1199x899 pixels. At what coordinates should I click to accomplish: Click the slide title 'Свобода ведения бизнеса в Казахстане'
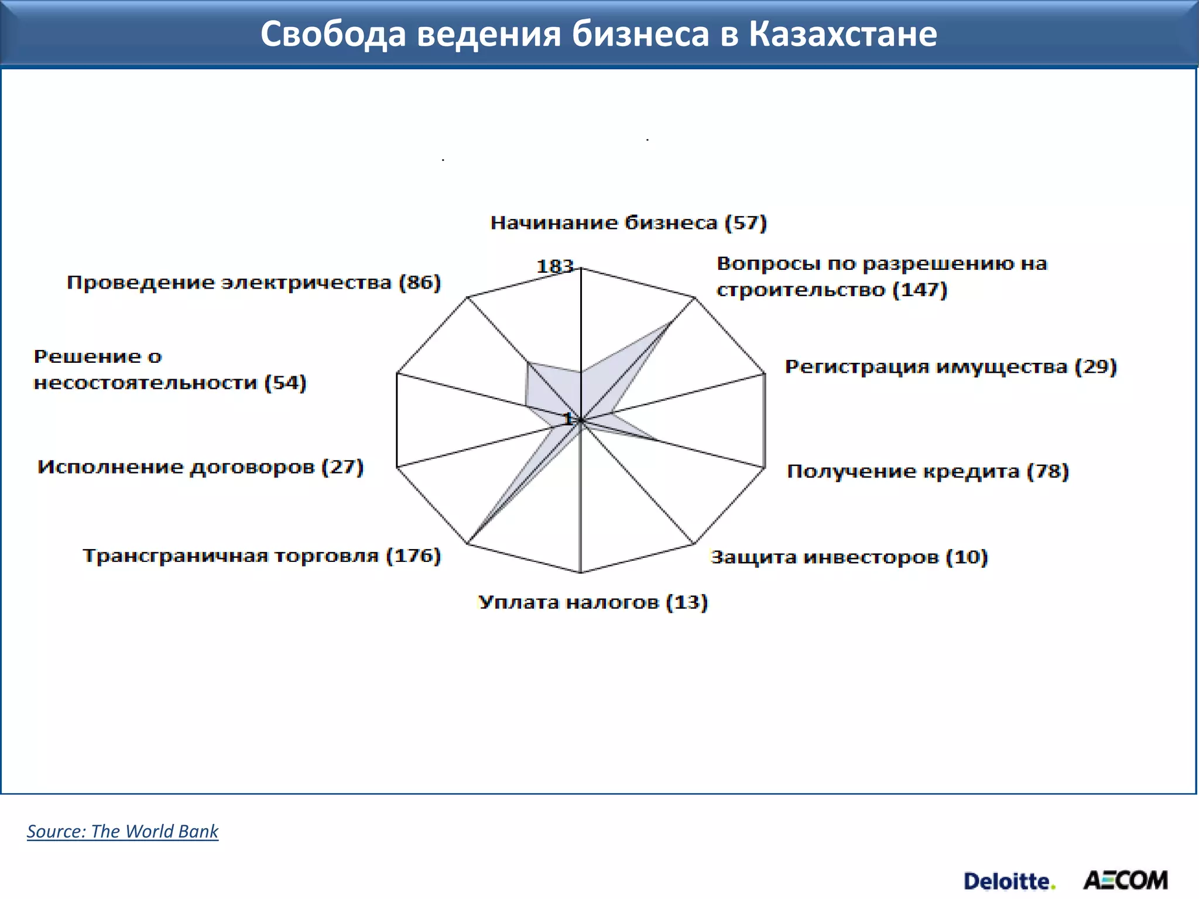598,34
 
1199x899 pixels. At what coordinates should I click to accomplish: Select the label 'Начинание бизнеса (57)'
628,223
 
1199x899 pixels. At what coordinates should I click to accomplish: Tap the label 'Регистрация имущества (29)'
950,367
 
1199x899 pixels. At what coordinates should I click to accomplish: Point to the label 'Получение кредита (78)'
927,471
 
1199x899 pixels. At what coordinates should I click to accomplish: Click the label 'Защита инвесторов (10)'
849,557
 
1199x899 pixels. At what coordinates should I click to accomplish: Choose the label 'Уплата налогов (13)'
592,602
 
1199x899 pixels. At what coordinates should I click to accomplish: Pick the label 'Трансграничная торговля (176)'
261,555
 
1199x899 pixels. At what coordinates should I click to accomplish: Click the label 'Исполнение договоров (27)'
200,467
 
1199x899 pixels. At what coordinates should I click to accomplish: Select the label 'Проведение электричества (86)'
253,283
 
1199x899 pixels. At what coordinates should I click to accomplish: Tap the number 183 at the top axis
554,266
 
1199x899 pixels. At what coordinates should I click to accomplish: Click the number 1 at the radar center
567,418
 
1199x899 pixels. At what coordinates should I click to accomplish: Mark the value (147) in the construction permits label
920,290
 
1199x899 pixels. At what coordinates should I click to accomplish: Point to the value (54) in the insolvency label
285,383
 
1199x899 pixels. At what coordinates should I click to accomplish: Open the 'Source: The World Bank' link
122,831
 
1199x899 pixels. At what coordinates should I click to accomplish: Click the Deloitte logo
1009,881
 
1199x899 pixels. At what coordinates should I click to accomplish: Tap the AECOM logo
1125,880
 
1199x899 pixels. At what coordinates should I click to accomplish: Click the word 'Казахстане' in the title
842,34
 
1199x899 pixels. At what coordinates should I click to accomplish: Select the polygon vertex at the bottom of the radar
580,572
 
